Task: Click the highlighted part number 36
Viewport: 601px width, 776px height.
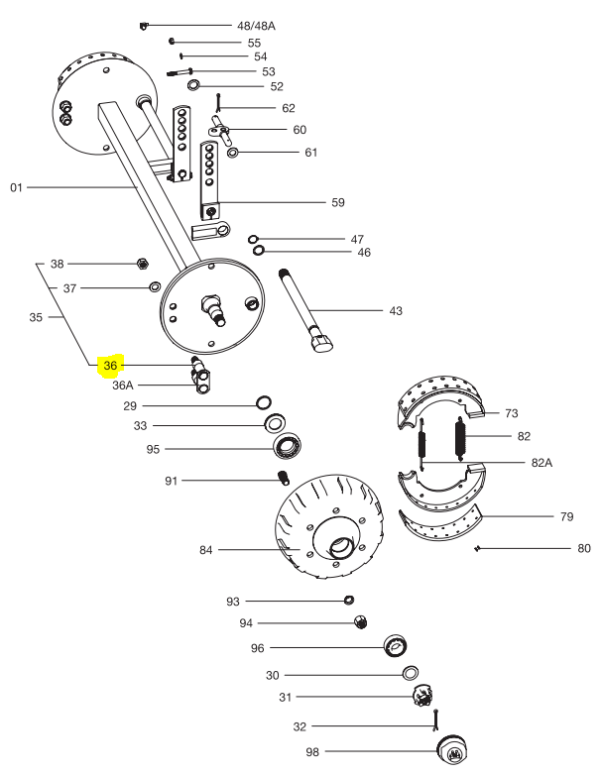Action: (x=110, y=366)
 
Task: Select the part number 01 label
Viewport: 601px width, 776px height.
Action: (x=16, y=186)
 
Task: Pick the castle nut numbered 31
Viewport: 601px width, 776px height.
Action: (x=425, y=697)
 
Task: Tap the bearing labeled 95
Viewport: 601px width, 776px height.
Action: (x=288, y=447)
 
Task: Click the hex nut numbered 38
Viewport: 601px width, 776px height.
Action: (x=142, y=264)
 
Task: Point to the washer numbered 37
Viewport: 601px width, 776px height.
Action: (x=155, y=287)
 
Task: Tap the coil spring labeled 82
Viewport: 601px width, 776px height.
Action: (x=461, y=437)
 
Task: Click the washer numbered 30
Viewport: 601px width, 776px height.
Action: (x=409, y=674)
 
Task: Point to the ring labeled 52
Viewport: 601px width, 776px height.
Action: (x=194, y=86)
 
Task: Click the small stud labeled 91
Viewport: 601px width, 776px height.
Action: (x=281, y=481)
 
